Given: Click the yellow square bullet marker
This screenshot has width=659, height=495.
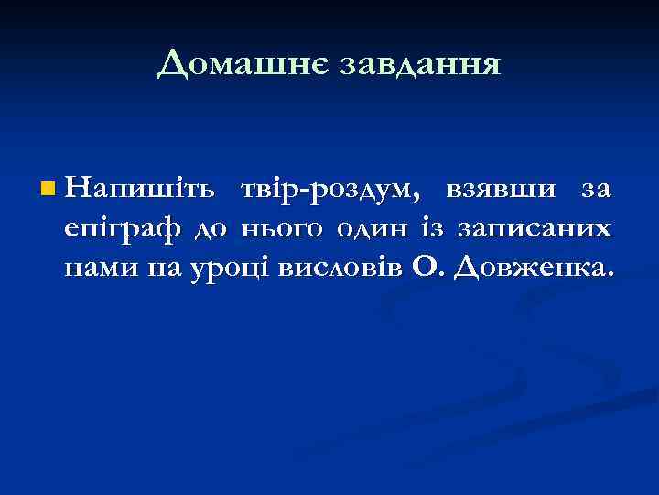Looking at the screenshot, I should pos(48,190).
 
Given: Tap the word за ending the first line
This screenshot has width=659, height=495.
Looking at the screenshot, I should pos(594,190).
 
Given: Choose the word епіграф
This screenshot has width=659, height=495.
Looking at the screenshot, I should pos(124,229).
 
